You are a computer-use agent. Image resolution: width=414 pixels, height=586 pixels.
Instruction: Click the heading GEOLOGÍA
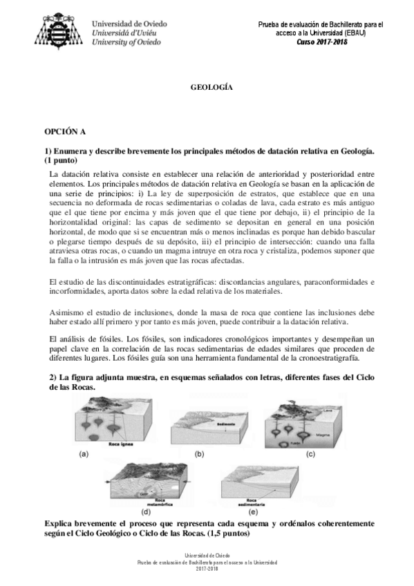pyautogui.click(x=211, y=88)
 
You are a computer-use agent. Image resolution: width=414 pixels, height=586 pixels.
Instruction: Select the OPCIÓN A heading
pyautogui.click(x=66, y=130)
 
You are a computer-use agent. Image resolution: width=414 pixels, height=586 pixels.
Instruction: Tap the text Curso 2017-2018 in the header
pyautogui.click(x=322, y=41)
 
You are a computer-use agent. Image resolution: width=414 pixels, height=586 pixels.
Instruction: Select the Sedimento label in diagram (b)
pyautogui.click(x=226, y=422)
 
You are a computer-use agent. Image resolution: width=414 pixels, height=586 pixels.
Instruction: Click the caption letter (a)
pyautogui.click(x=84, y=454)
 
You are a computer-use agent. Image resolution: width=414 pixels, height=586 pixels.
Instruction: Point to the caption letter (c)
pyautogui.click(x=310, y=454)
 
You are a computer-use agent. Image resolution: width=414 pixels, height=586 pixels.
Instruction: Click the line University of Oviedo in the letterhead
pyautogui.click(x=127, y=42)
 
